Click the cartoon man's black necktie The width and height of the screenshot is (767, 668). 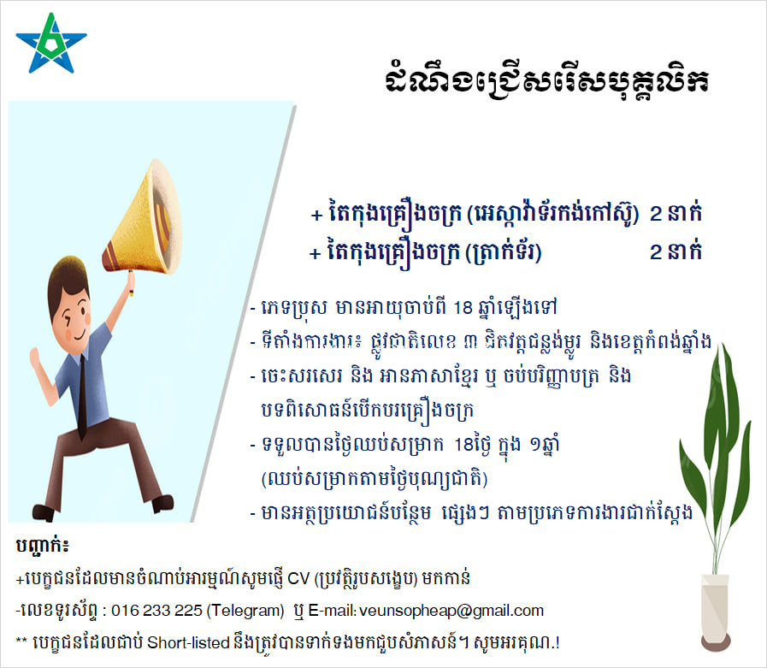[83, 395]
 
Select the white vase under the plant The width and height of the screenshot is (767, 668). [715, 606]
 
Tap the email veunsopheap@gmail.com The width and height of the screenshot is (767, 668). [451, 610]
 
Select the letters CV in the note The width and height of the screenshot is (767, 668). [298, 578]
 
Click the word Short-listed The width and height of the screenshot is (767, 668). [188, 642]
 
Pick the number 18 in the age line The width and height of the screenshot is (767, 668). [463, 307]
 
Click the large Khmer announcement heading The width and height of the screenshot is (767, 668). [546, 80]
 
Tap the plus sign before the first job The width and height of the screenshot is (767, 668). [316, 215]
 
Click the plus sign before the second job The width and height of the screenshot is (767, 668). [315, 253]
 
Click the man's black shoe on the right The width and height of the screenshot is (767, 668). [162, 504]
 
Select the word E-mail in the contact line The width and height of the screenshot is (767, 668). [332, 610]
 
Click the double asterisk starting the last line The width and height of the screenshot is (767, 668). [21, 640]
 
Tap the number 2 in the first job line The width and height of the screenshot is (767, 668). [656, 214]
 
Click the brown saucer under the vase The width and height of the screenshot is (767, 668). [716, 641]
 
